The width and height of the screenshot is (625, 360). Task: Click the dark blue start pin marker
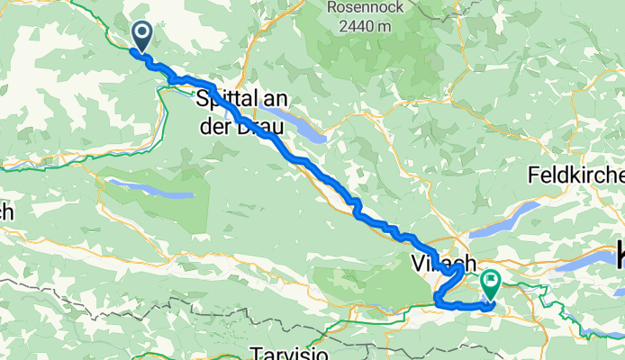(142, 35)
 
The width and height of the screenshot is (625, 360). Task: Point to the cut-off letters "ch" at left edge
(5, 213)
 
